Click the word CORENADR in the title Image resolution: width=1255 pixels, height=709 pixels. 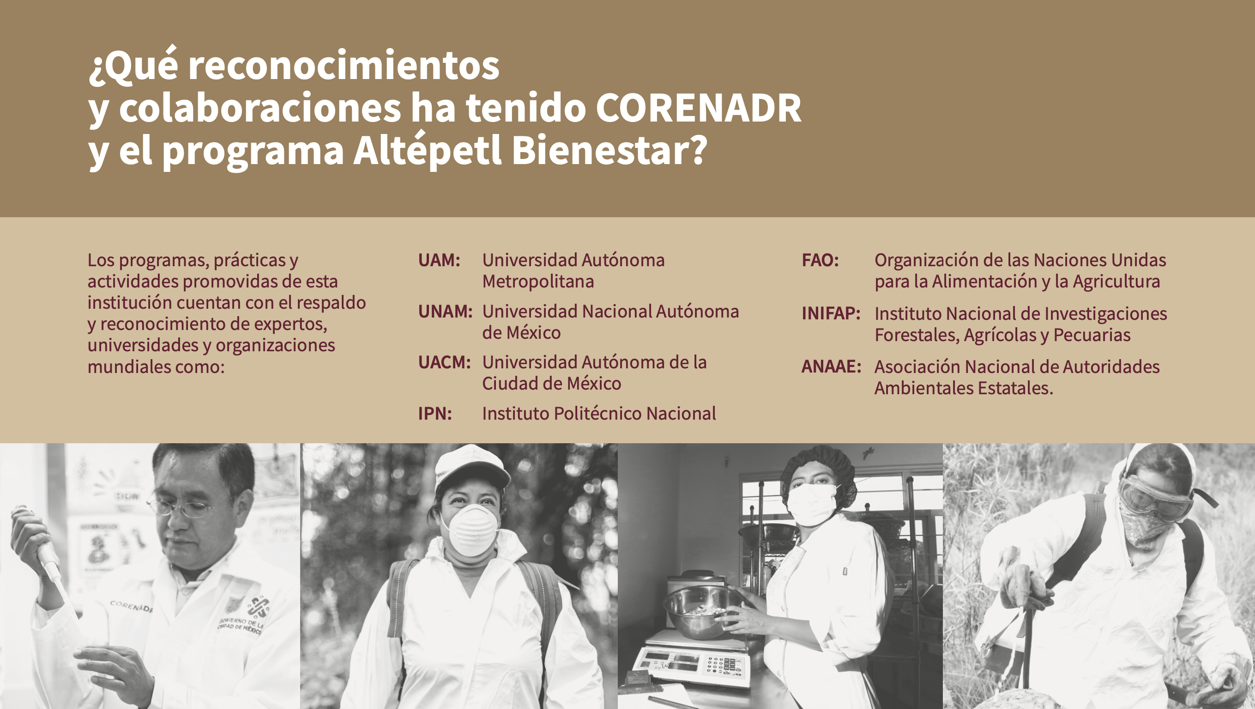click(698, 108)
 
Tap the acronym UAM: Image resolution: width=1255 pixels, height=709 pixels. click(439, 260)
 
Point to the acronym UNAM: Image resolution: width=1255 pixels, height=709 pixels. click(445, 312)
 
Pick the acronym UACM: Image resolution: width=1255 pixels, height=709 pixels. click(444, 362)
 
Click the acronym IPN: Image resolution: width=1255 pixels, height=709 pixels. click(435, 414)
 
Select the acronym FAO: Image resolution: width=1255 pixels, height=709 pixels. click(821, 260)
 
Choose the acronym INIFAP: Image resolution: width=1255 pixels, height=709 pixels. click(831, 313)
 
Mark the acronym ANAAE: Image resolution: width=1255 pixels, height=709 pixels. click(832, 367)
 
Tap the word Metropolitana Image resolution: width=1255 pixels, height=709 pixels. click(538, 281)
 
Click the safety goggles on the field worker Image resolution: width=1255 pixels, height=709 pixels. click(1155, 496)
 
